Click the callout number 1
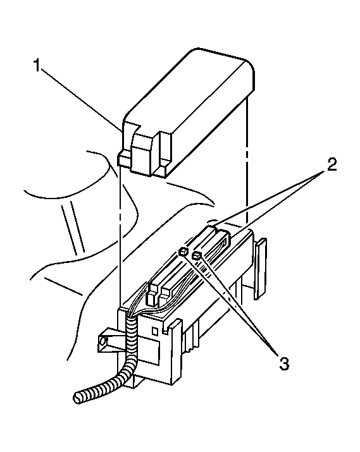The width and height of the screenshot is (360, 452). pyautogui.click(x=37, y=66)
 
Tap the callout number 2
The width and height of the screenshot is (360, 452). pyautogui.click(x=332, y=164)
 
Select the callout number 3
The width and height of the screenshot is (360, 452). pyautogui.click(x=283, y=363)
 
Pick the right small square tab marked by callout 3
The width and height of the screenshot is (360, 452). pyautogui.click(x=197, y=255)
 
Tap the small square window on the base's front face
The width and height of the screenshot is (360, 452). pyautogui.click(x=155, y=331)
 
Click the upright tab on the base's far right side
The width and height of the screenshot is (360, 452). pyautogui.click(x=261, y=269)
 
